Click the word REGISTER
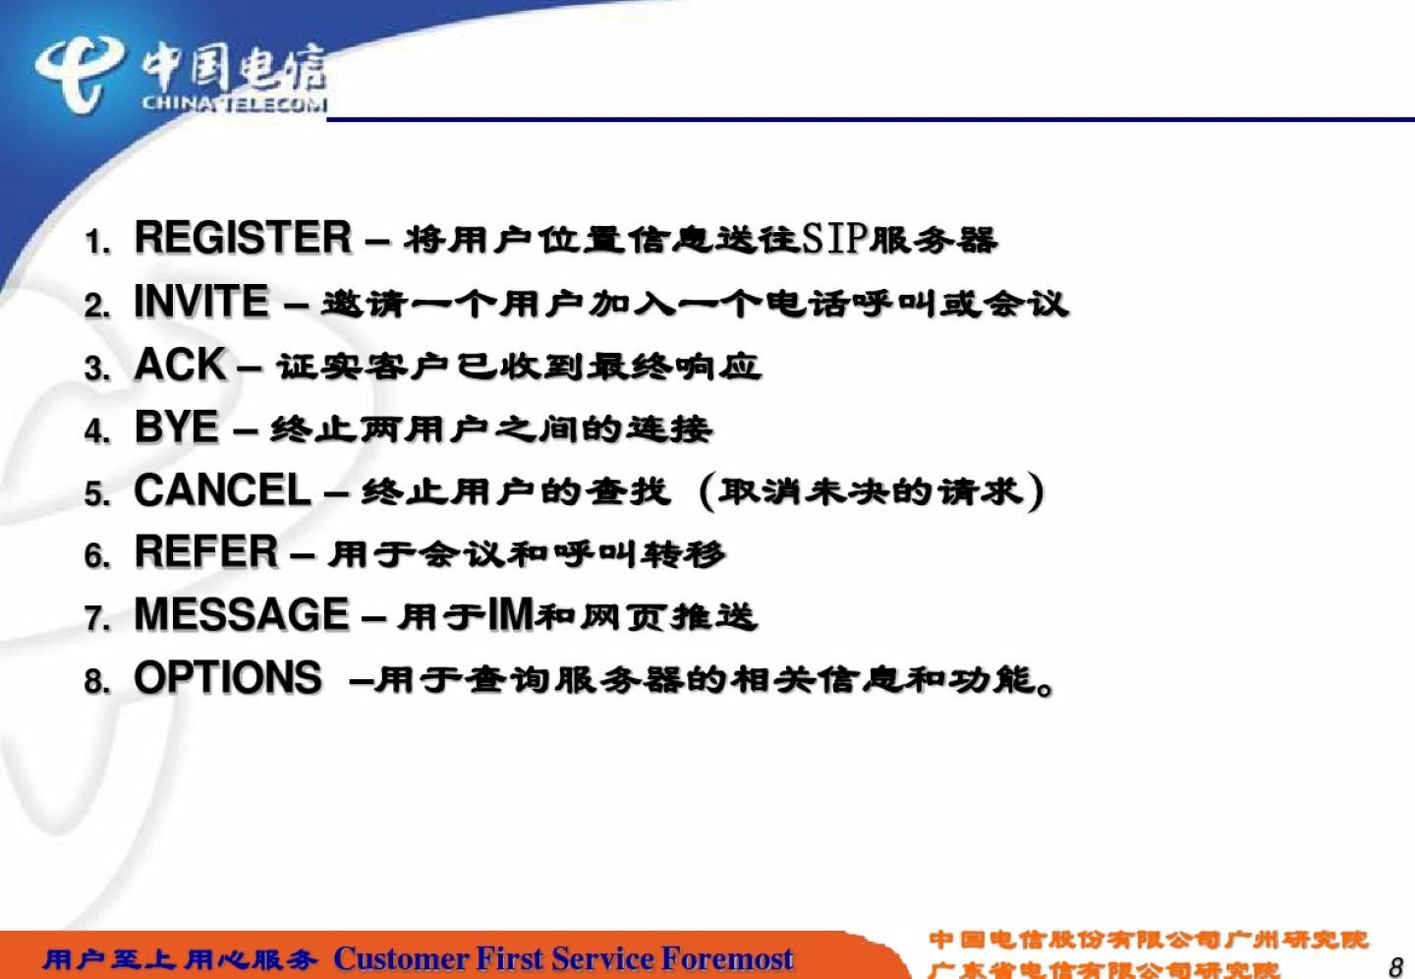[x=244, y=238]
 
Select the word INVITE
[x=201, y=301]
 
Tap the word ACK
[x=180, y=364]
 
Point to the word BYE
[x=177, y=427]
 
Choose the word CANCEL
[x=222, y=489]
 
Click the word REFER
[x=206, y=551]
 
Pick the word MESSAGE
[x=242, y=613]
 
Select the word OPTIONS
[x=228, y=677]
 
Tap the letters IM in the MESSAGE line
[x=512, y=614]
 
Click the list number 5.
[x=96, y=493]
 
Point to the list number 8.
[x=96, y=682]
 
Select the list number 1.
[x=97, y=242]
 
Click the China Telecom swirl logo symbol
[x=79, y=74]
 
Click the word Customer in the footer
[x=401, y=958]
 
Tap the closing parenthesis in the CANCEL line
[x=1036, y=491]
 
